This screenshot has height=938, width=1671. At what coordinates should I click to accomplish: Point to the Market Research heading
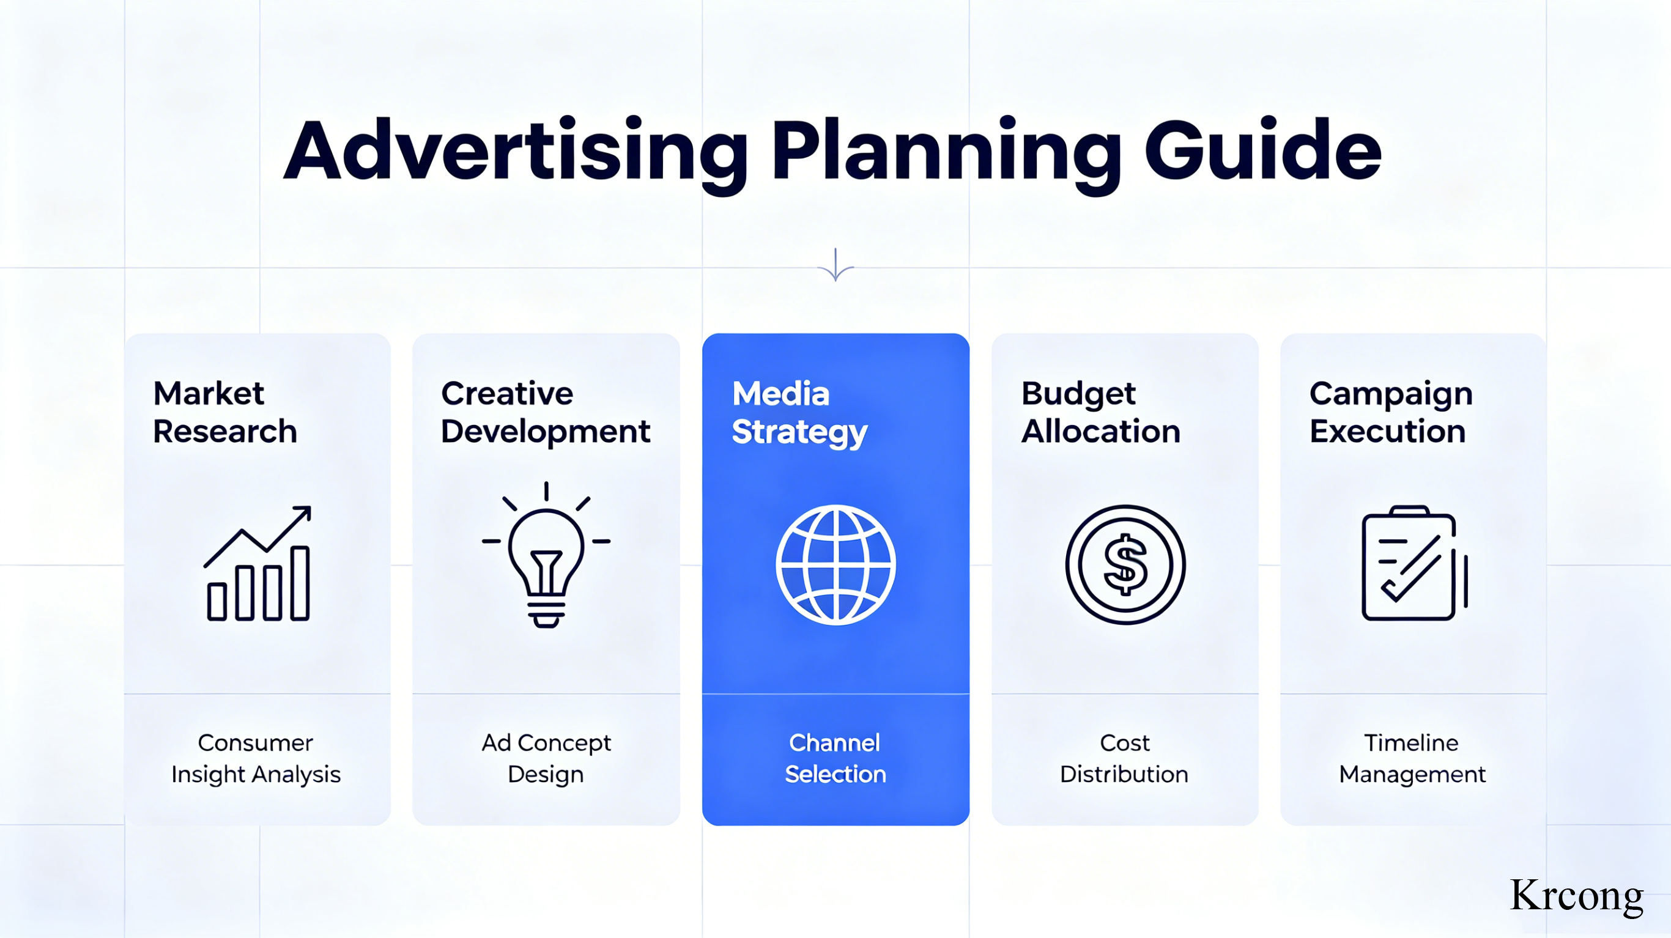click(x=225, y=412)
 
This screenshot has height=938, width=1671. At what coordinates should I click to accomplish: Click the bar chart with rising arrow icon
click(x=258, y=563)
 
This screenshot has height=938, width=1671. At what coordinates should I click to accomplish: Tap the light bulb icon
click(x=546, y=555)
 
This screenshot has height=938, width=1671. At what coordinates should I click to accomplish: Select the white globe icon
click(x=835, y=564)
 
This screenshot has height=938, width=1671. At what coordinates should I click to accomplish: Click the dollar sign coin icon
click(x=1125, y=564)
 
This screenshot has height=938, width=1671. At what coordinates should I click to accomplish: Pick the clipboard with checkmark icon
click(x=1414, y=563)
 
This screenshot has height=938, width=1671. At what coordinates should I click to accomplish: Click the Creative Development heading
click(x=546, y=412)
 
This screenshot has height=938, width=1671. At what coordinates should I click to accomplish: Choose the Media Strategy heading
click(x=799, y=413)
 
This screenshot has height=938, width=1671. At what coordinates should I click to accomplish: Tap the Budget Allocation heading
click(x=1101, y=413)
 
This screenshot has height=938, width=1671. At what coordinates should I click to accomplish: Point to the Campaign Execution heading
click(x=1391, y=413)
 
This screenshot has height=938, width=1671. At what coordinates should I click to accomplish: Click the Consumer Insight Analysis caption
click(x=256, y=758)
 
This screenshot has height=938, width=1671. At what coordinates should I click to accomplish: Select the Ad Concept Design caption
click(x=546, y=758)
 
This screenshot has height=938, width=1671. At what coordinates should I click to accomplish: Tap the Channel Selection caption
click(x=835, y=758)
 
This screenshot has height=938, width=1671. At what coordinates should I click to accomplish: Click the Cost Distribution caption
click(x=1124, y=758)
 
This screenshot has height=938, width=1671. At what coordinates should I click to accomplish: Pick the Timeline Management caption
click(x=1412, y=758)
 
